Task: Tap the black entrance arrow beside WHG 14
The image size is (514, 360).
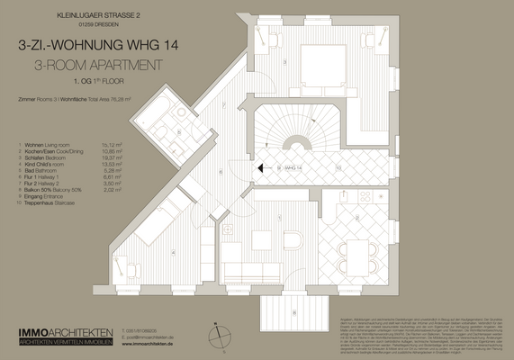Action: [x=259, y=167]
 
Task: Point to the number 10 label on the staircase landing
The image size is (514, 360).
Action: [x=338, y=167]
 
